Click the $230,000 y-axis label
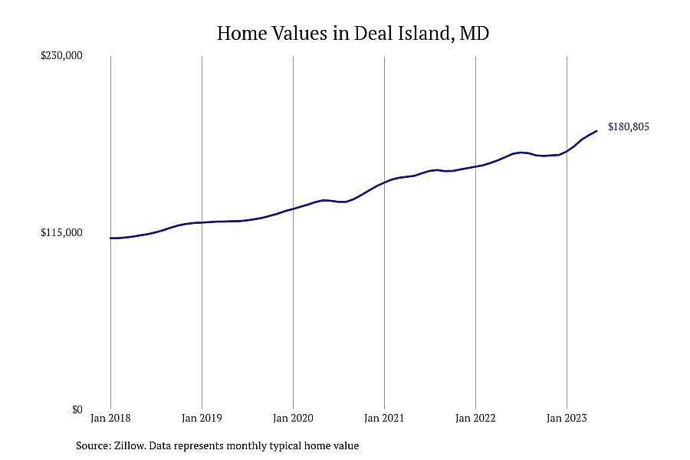61,56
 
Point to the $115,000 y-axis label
61,233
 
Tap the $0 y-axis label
77,410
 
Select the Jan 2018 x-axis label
110,418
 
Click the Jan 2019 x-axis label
202,418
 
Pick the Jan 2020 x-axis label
293,418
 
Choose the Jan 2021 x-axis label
384,418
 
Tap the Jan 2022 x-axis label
475,418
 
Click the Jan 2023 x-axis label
567,418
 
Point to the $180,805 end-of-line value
629,127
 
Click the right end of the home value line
596,131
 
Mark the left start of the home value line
110,238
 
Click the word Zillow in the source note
130,446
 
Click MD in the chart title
474,34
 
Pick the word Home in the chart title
242,34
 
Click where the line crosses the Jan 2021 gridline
384,182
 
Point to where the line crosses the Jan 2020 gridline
293,209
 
